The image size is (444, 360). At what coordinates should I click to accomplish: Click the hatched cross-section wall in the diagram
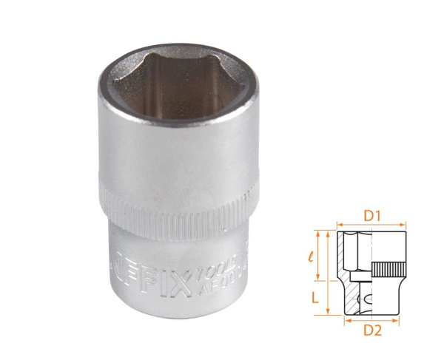[x=341, y=259]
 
